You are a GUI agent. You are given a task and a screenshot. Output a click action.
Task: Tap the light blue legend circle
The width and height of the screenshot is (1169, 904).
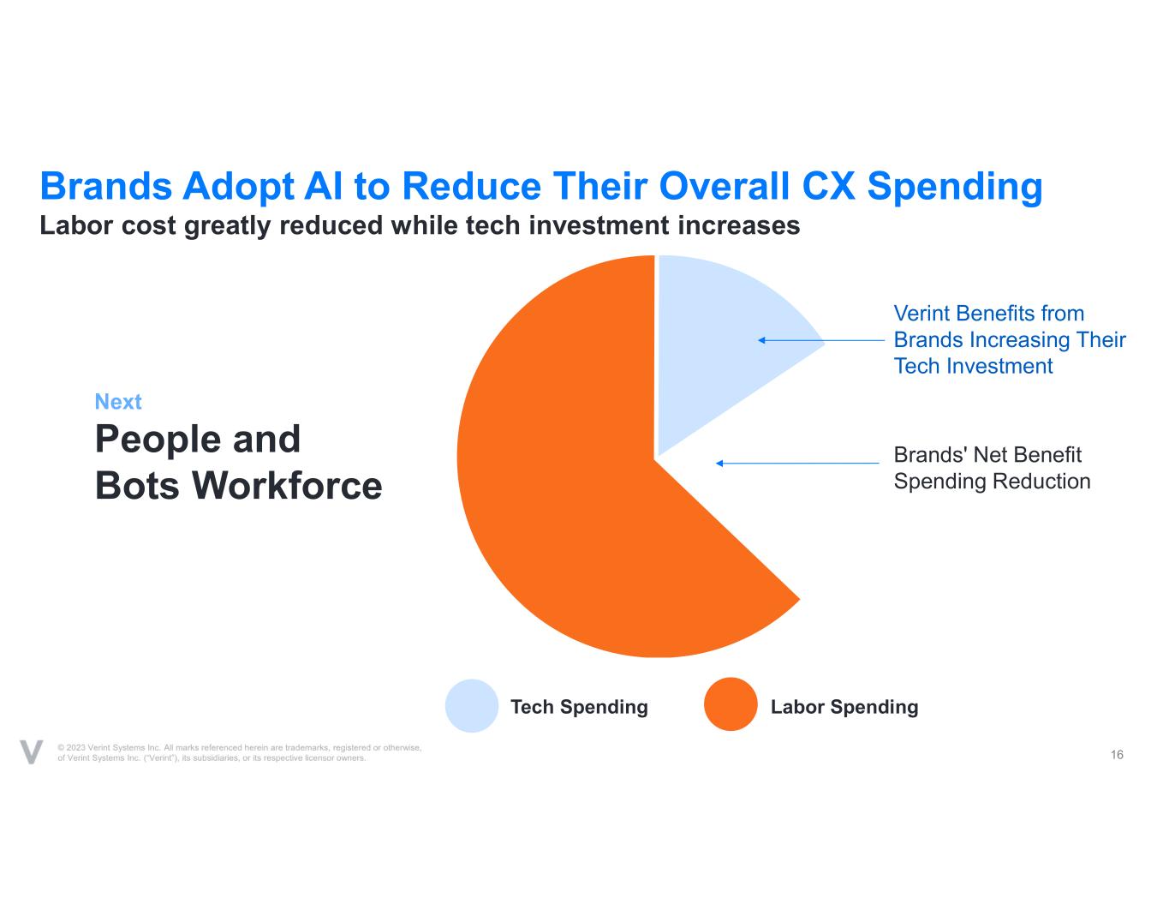point(472,706)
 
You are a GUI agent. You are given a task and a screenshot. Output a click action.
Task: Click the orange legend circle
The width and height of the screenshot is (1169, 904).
point(731,704)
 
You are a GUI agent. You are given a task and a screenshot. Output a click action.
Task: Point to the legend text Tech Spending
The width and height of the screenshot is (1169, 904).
point(579,707)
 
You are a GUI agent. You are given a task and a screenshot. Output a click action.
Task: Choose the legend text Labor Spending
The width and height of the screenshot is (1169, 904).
point(844,707)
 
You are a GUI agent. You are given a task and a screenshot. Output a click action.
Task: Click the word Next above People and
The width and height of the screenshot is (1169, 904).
point(118,401)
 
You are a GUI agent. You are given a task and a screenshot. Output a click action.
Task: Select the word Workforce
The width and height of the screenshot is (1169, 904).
point(287,485)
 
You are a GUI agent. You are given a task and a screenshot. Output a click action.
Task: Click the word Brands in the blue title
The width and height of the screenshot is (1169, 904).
point(106,186)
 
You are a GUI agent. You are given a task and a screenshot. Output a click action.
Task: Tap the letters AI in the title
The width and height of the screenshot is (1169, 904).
point(323,186)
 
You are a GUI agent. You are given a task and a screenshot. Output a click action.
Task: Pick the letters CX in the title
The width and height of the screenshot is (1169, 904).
point(828,186)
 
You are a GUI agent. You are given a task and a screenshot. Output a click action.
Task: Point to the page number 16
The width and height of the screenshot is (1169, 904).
point(1117,754)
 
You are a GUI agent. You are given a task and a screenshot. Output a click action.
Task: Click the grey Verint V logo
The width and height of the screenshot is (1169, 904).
point(31,751)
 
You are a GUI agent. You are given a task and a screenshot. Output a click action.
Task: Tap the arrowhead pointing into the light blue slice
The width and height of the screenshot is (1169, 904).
point(761,340)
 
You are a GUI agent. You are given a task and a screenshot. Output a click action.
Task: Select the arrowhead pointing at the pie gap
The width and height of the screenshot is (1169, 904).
point(719,463)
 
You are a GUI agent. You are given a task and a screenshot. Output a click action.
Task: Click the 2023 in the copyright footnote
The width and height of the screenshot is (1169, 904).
point(76,747)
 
